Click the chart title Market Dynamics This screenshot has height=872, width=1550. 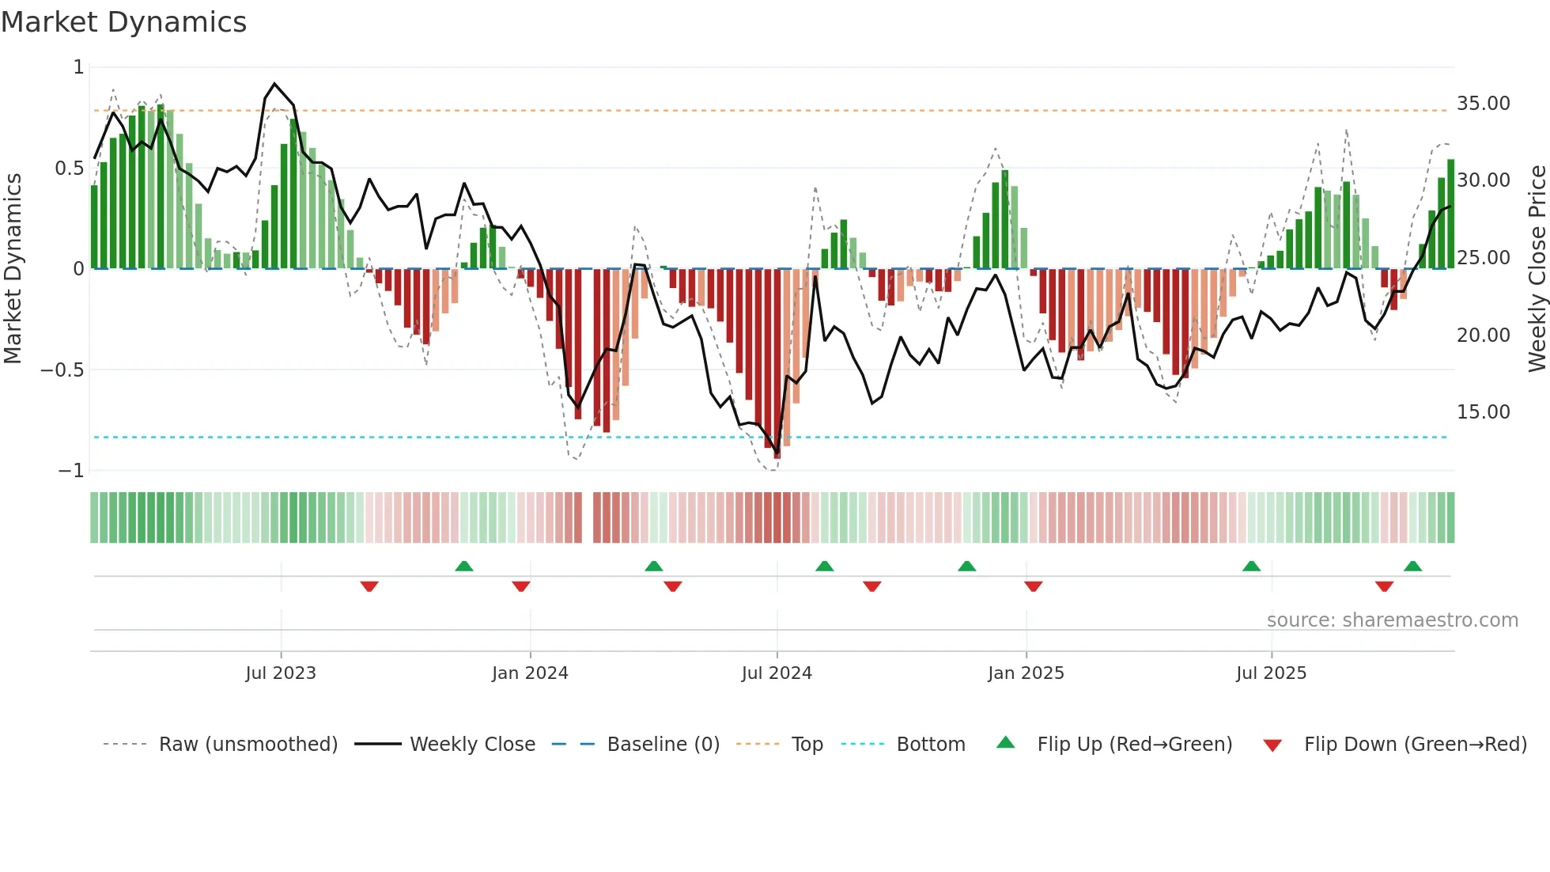click(124, 22)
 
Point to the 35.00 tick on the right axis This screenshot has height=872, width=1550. click(1483, 104)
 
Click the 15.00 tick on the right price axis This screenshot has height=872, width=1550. click(1483, 412)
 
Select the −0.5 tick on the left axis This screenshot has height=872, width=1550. click(62, 370)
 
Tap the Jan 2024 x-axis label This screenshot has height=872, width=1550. click(530, 673)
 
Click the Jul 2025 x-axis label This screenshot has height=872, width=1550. click(1271, 673)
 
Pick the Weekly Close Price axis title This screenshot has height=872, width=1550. click(1537, 269)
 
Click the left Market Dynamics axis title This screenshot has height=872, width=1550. click(13, 269)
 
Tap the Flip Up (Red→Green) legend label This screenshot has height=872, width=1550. click(1134, 745)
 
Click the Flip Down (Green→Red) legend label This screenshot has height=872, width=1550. click(1415, 745)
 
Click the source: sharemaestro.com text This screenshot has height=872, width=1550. click(1392, 620)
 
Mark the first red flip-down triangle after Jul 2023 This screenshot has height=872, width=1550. click(369, 586)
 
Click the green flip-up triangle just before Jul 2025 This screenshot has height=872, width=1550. click(1251, 566)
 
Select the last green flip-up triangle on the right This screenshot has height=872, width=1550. click(1412, 566)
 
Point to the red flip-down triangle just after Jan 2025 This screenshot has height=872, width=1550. click(1033, 586)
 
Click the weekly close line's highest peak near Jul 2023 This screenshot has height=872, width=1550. click(274, 83)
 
